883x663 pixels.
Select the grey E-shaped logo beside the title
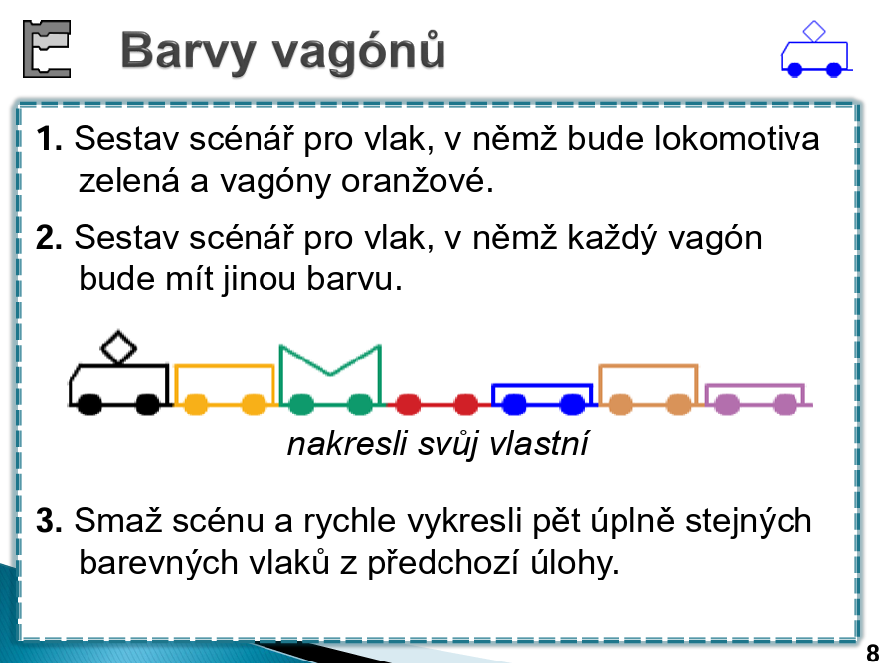click(47, 49)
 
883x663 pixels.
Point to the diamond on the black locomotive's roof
click(118, 347)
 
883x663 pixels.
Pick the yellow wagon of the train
click(225, 389)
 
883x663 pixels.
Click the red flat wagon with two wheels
click(437, 404)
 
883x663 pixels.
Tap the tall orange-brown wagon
click(648, 389)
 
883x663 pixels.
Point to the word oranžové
click(418, 181)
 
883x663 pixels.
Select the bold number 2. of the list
click(49, 237)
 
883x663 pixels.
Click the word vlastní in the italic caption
click(539, 444)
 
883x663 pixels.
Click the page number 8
click(872, 653)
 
